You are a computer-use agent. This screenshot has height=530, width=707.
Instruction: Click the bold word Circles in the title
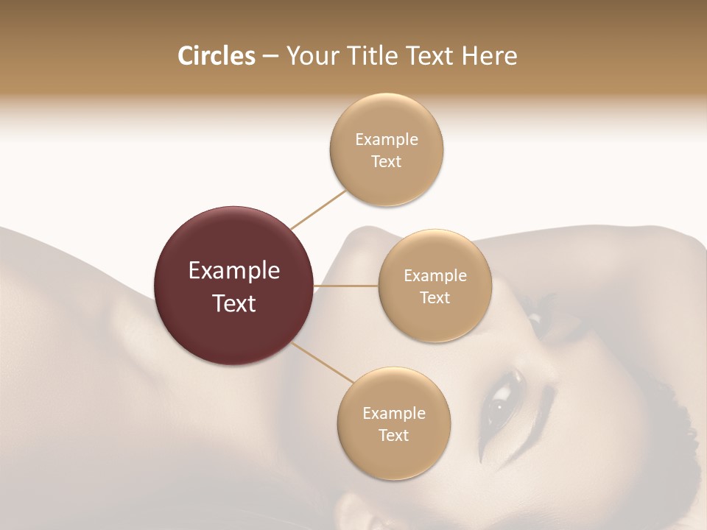tap(216, 56)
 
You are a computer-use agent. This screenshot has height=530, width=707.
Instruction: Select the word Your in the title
tap(310, 56)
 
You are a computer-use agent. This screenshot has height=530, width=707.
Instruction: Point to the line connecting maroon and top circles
tap(319, 209)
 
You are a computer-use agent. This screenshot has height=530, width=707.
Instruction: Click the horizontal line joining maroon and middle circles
tap(346, 286)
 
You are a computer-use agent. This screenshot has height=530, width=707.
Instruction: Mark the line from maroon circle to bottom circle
tap(323, 362)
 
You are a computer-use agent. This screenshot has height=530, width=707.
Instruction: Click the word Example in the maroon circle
tap(234, 271)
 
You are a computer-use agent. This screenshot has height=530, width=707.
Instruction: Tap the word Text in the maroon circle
tap(234, 303)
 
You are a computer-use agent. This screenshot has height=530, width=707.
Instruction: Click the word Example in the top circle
tap(386, 139)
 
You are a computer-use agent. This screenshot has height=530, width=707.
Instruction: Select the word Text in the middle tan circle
tap(435, 298)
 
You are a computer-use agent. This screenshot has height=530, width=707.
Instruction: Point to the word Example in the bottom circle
tap(393, 413)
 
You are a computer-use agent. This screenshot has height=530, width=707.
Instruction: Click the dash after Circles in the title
tap(270, 57)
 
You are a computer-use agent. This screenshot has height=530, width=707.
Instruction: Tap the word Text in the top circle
tap(386, 161)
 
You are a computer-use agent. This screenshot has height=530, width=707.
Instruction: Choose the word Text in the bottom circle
tap(393, 436)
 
